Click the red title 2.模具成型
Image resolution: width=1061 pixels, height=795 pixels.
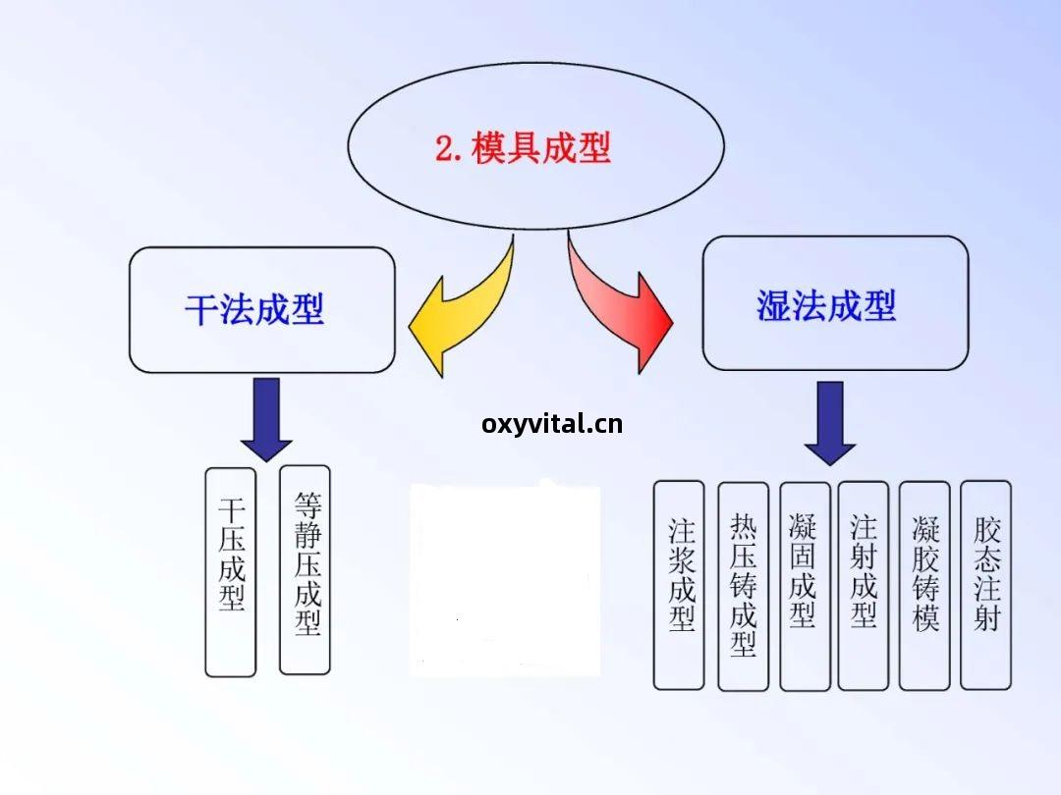tap(523, 148)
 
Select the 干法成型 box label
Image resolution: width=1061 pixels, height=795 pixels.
tap(254, 310)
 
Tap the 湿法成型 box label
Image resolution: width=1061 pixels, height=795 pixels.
tap(826, 306)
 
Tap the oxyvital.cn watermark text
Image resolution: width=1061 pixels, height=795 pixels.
tap(552, 424)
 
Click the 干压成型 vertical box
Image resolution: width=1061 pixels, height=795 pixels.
tap(231, 571)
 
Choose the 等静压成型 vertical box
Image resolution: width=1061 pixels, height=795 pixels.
tap(306, 569)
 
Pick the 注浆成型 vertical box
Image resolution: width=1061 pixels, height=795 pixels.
tap(680, 584)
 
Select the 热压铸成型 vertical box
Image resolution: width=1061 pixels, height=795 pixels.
tap(743, 585)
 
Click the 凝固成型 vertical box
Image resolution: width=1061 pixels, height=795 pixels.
tap(804, 584)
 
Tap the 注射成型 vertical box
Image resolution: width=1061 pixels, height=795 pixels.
tap(864, 584)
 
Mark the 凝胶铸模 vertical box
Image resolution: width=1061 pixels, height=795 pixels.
tap(924, 584)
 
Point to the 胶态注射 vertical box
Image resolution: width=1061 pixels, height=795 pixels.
tap(985, 584)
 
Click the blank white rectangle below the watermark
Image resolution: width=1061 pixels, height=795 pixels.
tap(504, 579)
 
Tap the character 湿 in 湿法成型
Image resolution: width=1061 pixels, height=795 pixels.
tap(774, 306)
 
